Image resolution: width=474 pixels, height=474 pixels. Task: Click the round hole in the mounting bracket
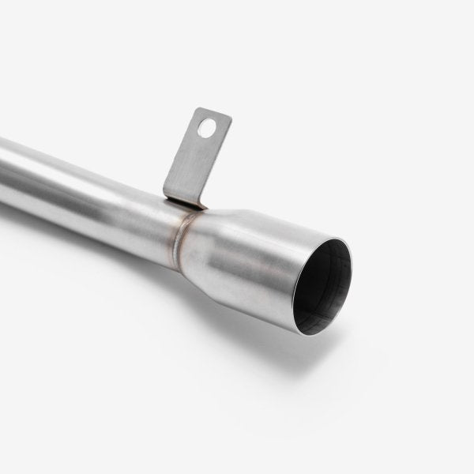coord(206,127)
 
